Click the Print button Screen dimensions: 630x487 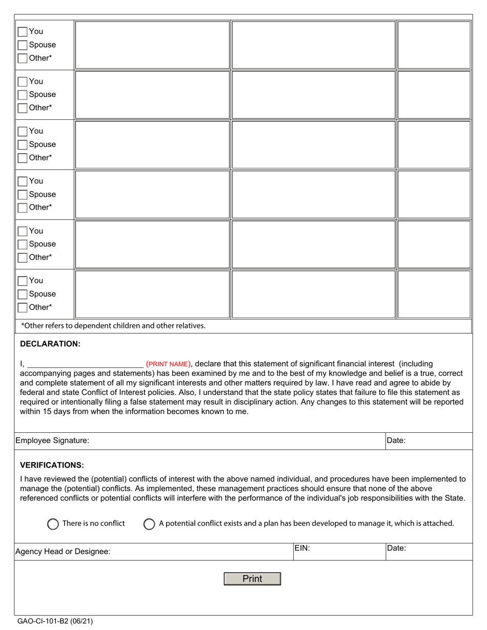tap(252, 579)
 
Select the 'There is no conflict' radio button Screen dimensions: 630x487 tap(53, 524)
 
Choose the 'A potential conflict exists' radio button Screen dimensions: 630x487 tap(149, 524)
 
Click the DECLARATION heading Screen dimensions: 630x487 tap(50, 344)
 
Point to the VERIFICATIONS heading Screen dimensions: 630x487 tap(52, 465)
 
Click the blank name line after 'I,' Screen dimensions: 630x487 tap(85, 364)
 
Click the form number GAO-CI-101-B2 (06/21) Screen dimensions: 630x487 tap(55, 622)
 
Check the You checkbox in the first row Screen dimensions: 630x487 tap(23, 32)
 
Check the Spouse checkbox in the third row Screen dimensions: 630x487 tap(23, 145)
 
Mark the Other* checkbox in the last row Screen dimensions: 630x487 tap(23, 307)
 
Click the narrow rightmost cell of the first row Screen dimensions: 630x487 tap(434, 45)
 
